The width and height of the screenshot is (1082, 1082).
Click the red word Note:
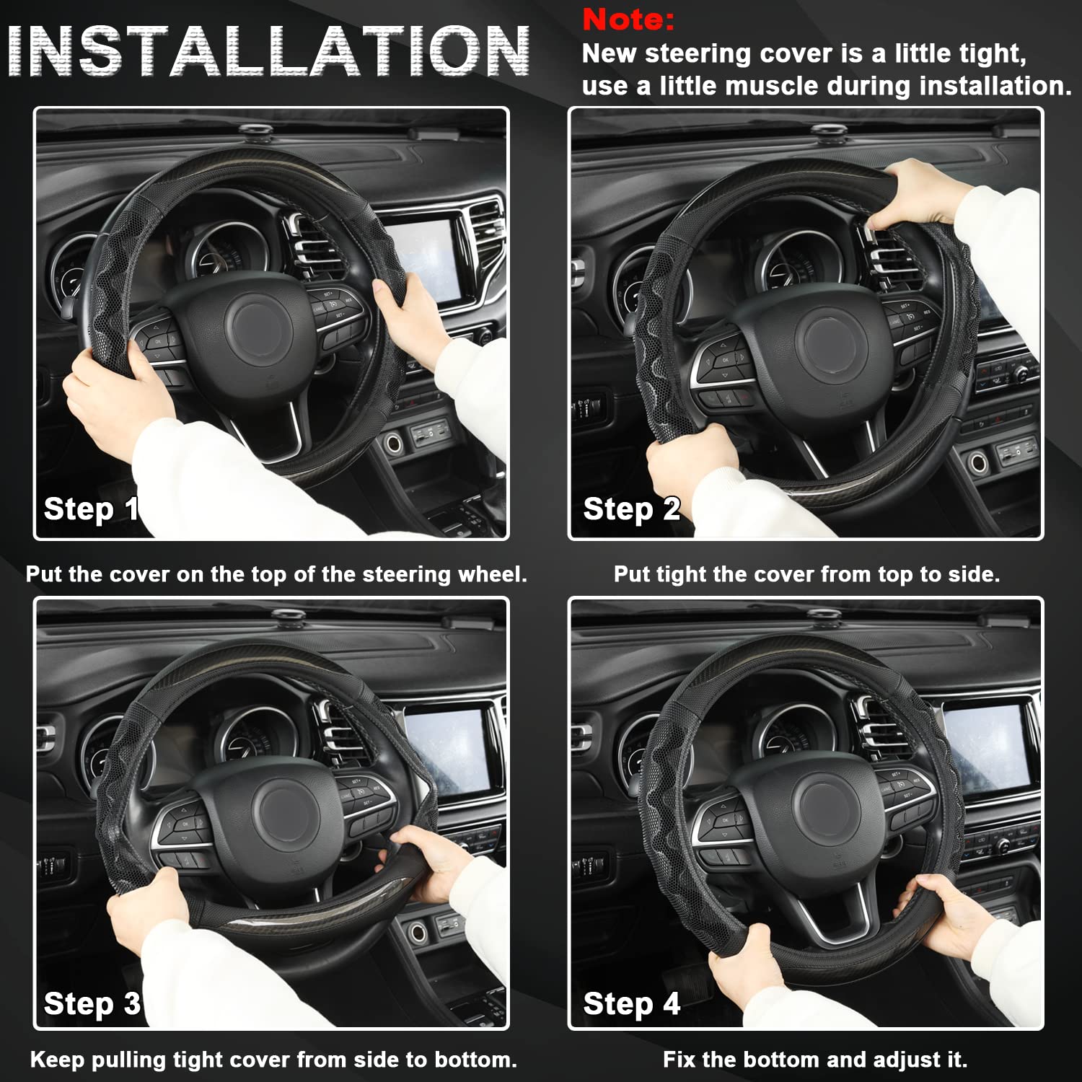(628, 19)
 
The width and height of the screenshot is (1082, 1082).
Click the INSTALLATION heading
(269, 51)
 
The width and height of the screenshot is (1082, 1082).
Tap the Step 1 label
(91, 509)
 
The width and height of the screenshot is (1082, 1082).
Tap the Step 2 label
(631, 509)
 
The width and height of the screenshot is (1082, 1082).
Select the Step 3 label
(92, 1003)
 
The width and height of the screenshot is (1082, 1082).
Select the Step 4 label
(631, 1003)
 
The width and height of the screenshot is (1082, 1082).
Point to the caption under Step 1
(276, 574)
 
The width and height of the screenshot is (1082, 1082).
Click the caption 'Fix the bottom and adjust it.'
(814, 1060)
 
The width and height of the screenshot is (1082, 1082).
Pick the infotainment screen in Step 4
(989, 747)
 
